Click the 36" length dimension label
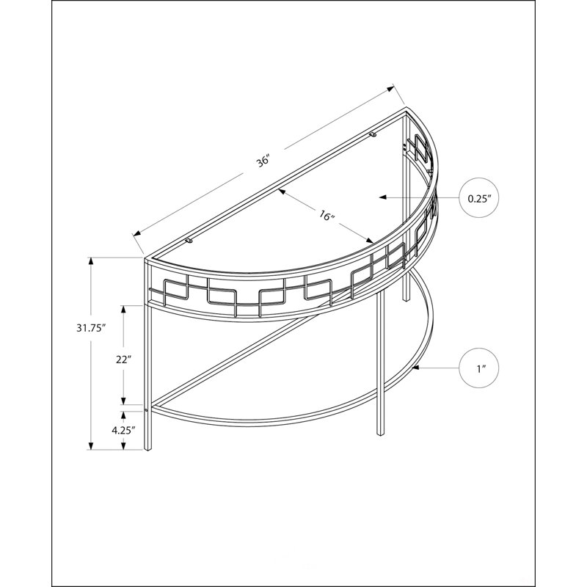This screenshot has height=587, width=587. [x=263, y=161]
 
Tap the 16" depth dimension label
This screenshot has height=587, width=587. [x=327, y=216]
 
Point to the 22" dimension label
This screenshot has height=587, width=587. [x=123, y=360]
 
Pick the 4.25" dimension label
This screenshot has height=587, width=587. [x=123, y=431]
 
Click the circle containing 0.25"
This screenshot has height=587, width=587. [x=479, y=197]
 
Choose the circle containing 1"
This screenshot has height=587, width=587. [x=479, y=368]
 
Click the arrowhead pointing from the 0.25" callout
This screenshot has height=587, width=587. [x=382, y=197]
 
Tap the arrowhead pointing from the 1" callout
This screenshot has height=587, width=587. [x=415, y=368]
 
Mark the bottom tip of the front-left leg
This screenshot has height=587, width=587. [x=148, y=450]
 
